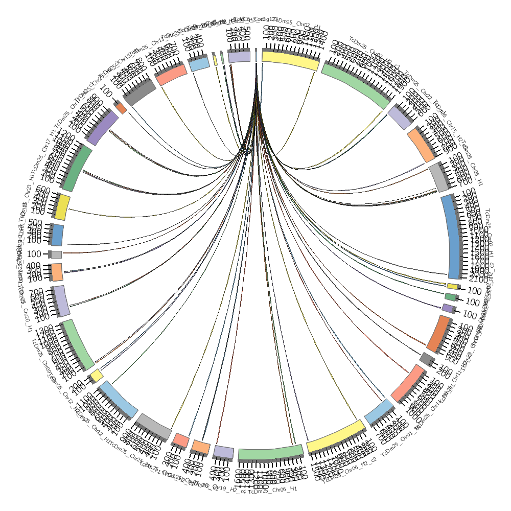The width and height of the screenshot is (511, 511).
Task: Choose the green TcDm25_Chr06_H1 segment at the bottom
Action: (271, 452)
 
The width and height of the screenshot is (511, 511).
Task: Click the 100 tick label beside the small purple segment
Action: (469, 315)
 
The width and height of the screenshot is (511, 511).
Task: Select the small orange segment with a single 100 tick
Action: (121, 108)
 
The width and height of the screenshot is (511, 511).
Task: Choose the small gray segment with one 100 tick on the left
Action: (56, 254)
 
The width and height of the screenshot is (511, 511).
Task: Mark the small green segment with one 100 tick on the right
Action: (450, 296)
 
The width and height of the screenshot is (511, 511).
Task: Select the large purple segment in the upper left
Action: (103, 128)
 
